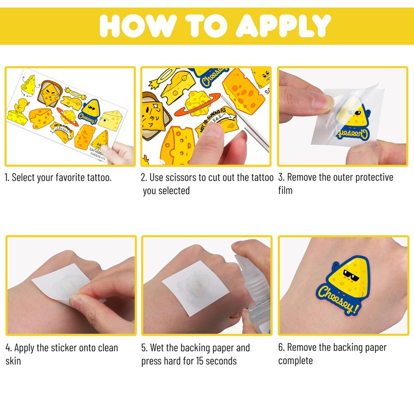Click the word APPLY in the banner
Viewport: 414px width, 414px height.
click(x=283, y=25)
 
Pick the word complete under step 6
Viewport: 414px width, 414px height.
click(x=295, y=361)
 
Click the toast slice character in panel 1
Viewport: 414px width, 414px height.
click(x=49, y=94)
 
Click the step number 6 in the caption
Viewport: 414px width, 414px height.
click(x=281, y=347)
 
